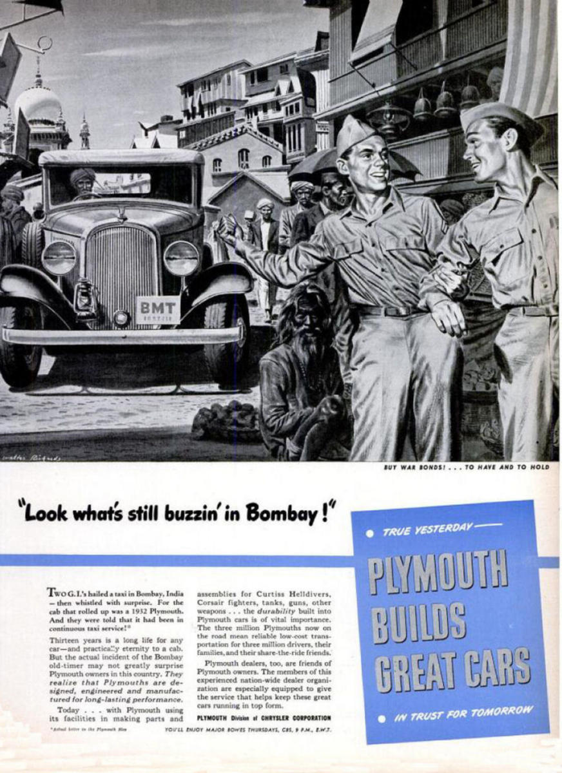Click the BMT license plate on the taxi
pyautogui.click(x=158, y=309)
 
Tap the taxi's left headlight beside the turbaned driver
pyautogui.click(x=59, y=258)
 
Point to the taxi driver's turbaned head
pyautogui.click(x=82, y=180)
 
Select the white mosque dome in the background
pyautogui.click(x=38, y=103)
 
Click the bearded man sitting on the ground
pyautogui.click(x=303, y=380)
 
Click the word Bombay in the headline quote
pyautogui.click(x=282, y=513)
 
